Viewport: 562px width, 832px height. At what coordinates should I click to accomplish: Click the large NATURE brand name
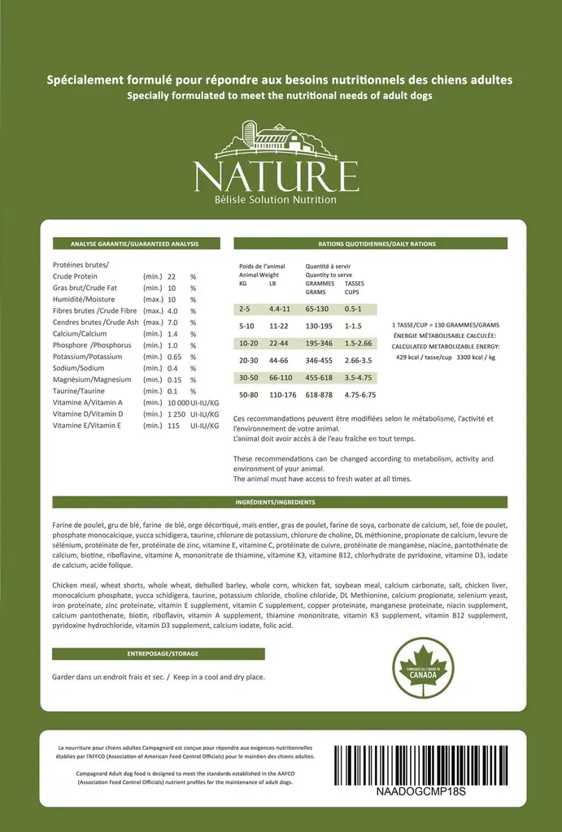[276, 174]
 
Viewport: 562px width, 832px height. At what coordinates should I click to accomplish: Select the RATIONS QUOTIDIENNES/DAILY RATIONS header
[370, 244]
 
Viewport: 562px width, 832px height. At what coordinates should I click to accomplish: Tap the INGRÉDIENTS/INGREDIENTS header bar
[280, 502]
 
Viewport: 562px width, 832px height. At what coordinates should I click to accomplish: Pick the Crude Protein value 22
[172, 276]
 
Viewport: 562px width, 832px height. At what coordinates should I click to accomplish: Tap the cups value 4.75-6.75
[359, 395]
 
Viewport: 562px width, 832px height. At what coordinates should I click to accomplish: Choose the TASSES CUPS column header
[354, 288]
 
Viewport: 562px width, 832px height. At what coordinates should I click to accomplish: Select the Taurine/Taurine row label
[79, 391]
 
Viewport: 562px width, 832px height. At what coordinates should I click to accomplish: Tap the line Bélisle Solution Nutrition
[276, 200]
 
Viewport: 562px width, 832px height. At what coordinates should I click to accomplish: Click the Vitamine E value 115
[173, 425]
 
